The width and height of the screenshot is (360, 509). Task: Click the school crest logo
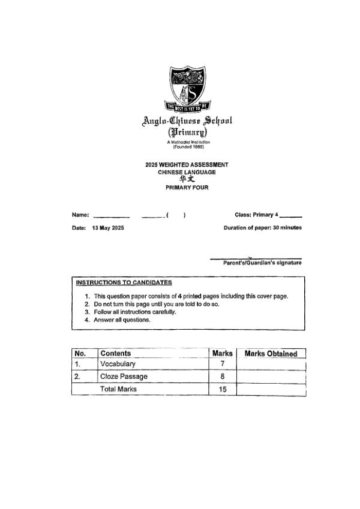(189, 89)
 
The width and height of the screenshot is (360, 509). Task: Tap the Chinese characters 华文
(187, 179)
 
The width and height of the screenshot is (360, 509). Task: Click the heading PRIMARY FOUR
(187, 188)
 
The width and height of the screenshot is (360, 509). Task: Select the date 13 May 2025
(108, 228)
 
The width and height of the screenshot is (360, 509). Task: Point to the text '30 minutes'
(287, 228)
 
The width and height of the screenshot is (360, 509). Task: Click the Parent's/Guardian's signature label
(262, 263)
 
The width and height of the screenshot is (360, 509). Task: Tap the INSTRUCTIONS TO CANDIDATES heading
(124, 282)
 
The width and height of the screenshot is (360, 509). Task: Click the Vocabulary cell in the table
(118, 364)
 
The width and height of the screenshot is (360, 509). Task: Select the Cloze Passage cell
(124, 377)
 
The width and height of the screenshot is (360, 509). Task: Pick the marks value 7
(223, 364)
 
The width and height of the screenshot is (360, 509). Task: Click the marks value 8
(223, 377)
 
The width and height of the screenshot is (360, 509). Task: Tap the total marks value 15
(223, 389)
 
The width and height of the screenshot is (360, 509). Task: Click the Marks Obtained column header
(271, 354)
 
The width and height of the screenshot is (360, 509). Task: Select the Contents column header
(116, 354)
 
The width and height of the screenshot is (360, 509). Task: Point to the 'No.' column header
(80, 354)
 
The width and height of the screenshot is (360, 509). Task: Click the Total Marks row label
(118, 389)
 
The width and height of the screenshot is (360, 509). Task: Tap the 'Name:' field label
(80, 215)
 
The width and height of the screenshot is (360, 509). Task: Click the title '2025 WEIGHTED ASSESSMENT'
(187, 164)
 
